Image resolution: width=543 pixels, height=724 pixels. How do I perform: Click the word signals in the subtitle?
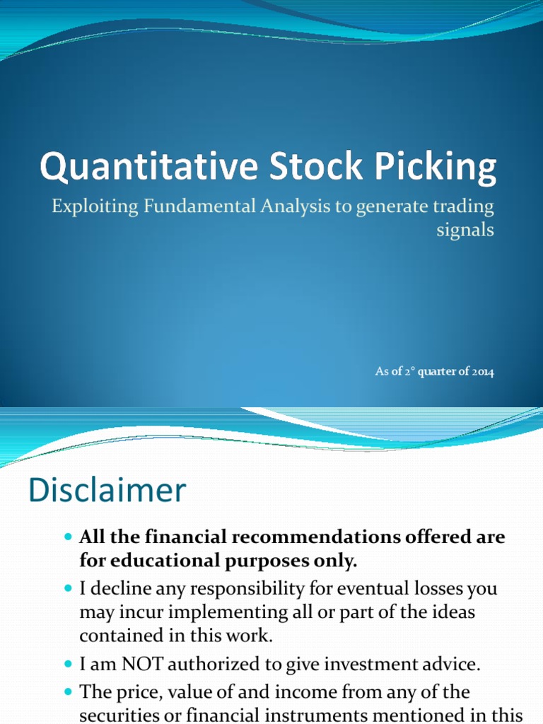pos(466,230)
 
